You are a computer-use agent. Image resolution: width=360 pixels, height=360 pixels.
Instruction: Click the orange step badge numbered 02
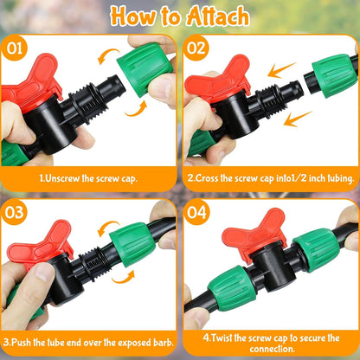point(197,48)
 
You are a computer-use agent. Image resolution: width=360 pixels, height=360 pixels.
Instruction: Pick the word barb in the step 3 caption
point(159,341)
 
